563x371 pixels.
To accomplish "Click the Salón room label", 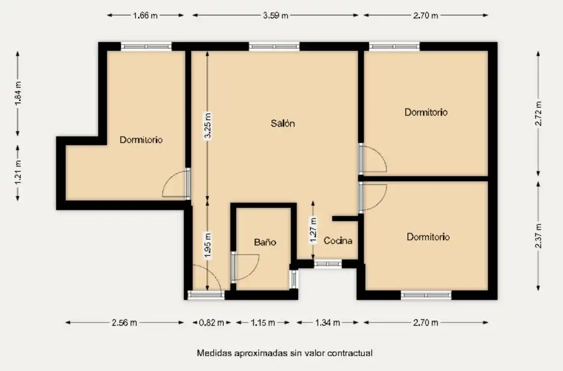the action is point(282,123).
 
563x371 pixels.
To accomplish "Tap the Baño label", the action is point(265,242).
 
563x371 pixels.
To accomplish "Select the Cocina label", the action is point(338,240).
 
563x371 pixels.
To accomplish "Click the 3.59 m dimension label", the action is point(276,15).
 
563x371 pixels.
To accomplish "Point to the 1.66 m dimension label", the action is point(145,15).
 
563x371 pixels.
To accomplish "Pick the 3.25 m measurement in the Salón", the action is point(208,126).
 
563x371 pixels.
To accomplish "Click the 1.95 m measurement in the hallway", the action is point(208,245).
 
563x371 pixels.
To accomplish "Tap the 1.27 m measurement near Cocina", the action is point(313,230).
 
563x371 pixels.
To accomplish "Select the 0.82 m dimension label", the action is point(212,323).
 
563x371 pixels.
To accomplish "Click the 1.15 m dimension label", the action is point(263,323).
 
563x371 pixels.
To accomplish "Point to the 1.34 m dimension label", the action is point(327,323).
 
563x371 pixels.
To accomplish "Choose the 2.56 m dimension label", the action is point(124,323).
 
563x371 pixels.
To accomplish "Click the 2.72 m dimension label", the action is point(538,114).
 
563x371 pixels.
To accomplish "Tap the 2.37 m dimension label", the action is point(538,235).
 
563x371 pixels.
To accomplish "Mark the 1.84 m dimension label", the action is point(18,93).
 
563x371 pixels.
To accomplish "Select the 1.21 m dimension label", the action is point(18,173).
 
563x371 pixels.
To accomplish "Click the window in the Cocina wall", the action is point(328,264).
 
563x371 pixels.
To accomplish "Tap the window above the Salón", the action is point(274,46).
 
